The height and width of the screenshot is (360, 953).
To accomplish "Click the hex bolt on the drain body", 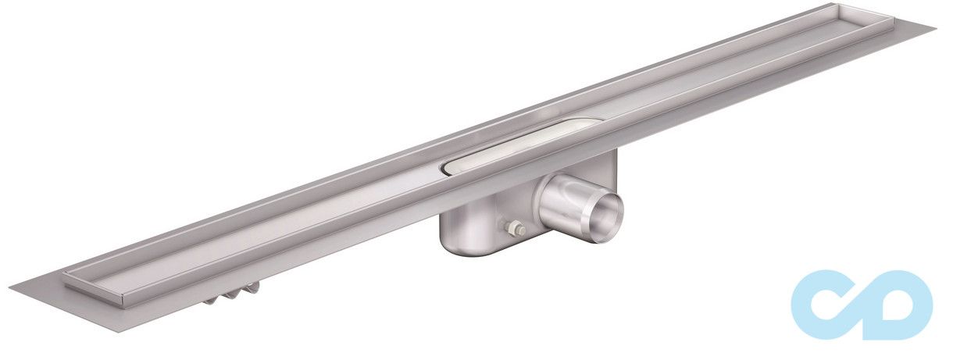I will [x=515, y=229].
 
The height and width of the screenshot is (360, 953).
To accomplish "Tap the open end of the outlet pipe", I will [x=606, y=219].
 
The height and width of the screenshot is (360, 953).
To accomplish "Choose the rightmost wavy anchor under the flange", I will [x=252, y=288].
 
